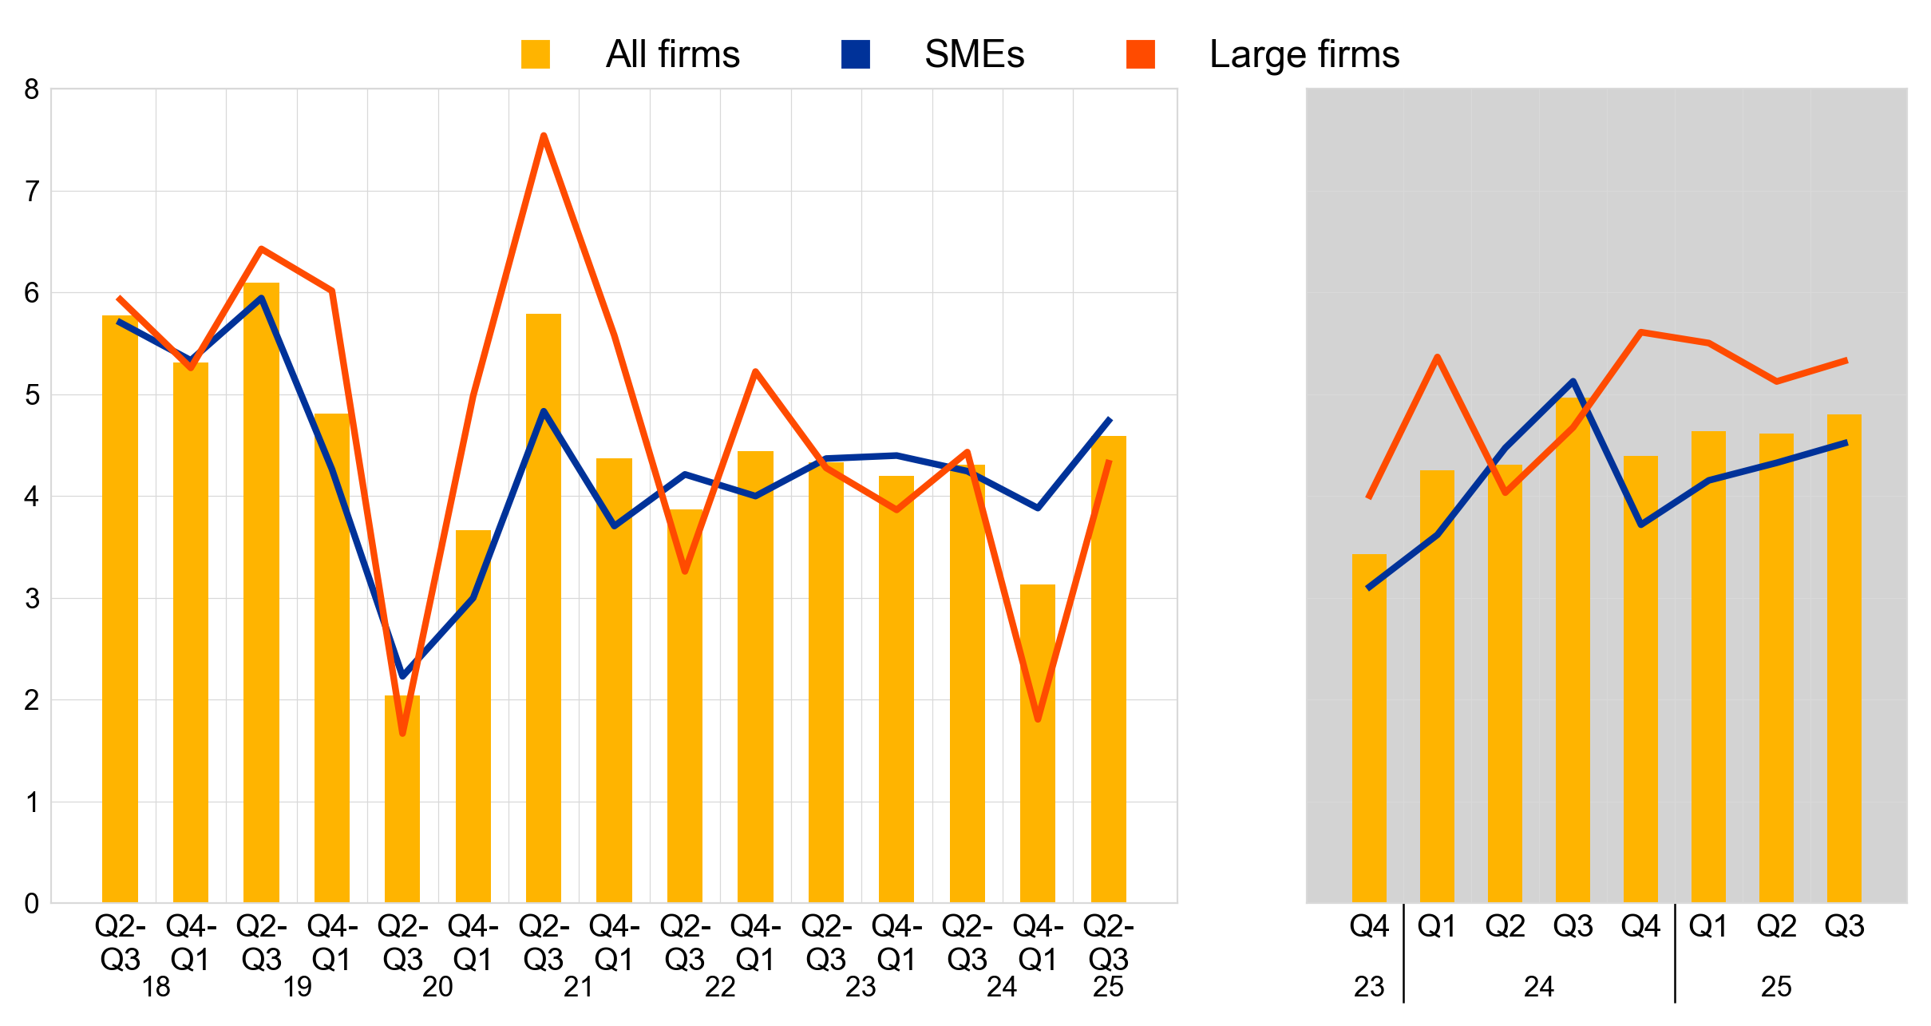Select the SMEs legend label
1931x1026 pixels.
[x=974, y=54]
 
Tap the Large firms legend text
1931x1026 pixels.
[x=1304, y=54]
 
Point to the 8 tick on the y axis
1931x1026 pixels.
[x=32, y=89]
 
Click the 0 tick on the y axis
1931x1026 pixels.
[x=32, y=904]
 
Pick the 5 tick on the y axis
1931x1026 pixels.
[x=32, y=395]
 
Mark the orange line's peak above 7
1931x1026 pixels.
[x=544, y=136]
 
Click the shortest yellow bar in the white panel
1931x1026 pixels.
[x=402, y=798]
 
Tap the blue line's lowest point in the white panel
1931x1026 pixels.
[x=402, y=677]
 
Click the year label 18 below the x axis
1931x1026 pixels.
[x=156, y=988]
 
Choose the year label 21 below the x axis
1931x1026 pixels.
[x=579, y=988]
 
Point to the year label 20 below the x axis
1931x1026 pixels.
[x=437, y=988]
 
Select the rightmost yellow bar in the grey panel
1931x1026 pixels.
[x=1844, y=659]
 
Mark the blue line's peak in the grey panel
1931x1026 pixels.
[x=1573, y=381]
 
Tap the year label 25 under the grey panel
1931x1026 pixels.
[x=1776, y=988]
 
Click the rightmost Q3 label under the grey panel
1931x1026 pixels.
[x=1844, y=926]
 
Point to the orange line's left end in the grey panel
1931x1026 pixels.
[x=1369, y=497]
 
